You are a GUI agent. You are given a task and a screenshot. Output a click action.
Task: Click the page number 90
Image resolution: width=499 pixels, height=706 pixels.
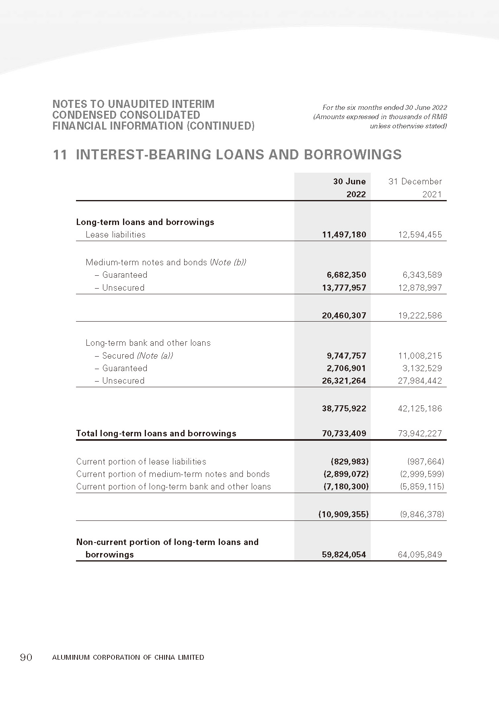tap(26, 657)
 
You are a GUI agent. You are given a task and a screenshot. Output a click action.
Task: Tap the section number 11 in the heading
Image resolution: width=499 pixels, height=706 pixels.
tap(60, 155)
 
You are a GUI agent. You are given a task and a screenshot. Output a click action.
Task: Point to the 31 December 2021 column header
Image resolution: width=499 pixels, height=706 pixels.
tap(415, 188)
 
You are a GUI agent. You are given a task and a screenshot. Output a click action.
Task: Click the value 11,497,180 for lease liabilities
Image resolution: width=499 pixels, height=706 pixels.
tap(344, 235)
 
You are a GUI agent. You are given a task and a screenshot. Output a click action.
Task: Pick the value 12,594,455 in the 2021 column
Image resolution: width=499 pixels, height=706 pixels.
tap(420, 235)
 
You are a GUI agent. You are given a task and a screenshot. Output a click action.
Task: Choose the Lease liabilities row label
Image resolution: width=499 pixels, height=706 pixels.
tap(115, 235)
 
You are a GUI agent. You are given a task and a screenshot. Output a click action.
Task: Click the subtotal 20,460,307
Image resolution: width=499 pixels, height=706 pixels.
tap(344, 316)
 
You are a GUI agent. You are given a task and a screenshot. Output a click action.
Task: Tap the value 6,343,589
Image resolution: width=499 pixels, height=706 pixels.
tap(422, 275)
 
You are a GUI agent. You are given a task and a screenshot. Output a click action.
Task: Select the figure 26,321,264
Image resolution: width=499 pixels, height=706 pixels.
tap(344, 381)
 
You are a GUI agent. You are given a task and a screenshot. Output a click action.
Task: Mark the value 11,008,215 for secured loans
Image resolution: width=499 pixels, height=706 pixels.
tap(420, 356)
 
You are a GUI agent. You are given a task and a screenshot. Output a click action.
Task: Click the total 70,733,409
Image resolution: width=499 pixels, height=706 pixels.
tap(344, 434)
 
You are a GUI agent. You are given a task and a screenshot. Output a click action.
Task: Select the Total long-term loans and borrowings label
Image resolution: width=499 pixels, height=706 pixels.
tap(156, 434)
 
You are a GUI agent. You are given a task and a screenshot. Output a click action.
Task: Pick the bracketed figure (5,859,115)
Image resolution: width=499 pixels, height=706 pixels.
tap(422, 487)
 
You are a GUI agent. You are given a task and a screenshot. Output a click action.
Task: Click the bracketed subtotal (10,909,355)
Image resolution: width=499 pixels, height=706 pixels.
tap(343, 514)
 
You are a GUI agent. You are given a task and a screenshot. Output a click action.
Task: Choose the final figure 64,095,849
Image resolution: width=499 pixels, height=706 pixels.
tap(420, 555)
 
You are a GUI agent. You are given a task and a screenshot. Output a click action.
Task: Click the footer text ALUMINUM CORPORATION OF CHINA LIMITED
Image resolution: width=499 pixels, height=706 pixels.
tap(128, 657)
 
